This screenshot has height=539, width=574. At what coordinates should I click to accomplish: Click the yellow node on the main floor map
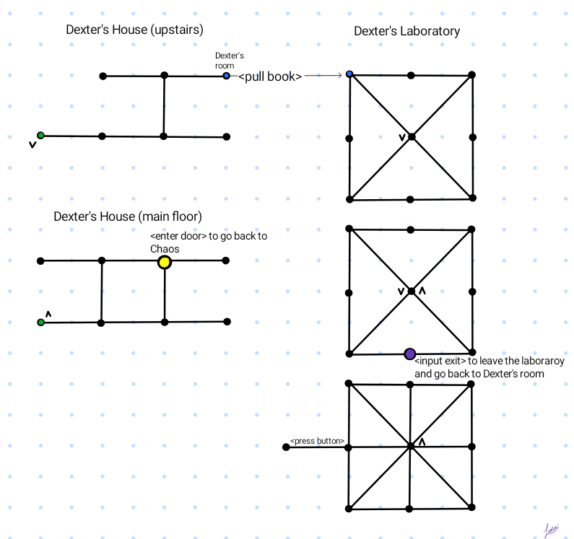point(165,262)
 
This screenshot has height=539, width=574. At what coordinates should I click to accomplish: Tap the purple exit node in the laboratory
point(410,354)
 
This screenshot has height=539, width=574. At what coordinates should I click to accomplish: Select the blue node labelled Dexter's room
point(227,76)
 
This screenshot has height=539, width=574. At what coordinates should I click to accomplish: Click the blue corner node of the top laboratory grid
point(349,74)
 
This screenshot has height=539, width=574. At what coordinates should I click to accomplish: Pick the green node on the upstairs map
point(40,135)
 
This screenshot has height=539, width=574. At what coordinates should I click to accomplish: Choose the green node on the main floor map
point(40,322)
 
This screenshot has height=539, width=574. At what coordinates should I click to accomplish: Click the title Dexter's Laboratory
point(406,31)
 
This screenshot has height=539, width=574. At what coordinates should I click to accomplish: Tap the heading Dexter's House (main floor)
point(127,216)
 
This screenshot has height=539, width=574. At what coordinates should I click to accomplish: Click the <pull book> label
point(270,76)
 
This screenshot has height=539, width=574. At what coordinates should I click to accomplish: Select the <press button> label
point(317,441)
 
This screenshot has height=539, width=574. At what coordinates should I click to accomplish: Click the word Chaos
point(165,248)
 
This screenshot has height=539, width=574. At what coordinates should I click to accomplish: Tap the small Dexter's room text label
point(230,60)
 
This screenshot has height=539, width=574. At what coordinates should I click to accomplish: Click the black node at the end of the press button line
point(286,447)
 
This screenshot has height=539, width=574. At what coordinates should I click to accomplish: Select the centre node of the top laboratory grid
point(411,136)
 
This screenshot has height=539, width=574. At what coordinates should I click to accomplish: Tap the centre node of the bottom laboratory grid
point(411,447)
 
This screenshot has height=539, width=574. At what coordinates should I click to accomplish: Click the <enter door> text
point(178,237)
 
